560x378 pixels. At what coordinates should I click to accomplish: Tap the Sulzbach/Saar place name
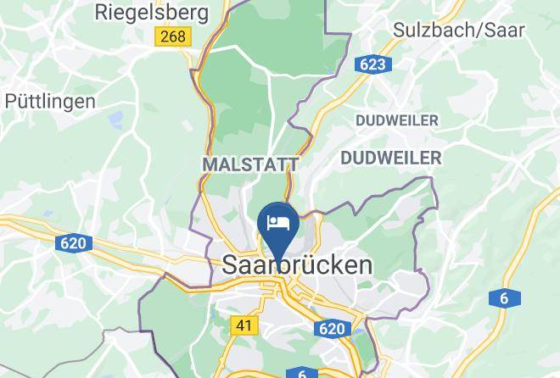coord(459,29)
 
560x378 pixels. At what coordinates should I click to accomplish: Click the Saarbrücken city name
coord(297,264)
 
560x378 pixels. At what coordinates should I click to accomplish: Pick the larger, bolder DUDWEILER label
coord(390,158)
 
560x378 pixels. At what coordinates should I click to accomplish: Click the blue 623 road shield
coord(372,64)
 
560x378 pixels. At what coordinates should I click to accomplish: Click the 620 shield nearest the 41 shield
coord(332,328)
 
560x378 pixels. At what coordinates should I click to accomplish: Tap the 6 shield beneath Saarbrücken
coord(302,373)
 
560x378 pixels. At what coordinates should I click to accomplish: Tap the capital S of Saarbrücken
coord(231,264)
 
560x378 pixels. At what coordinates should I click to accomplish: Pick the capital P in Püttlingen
coord(11,101)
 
